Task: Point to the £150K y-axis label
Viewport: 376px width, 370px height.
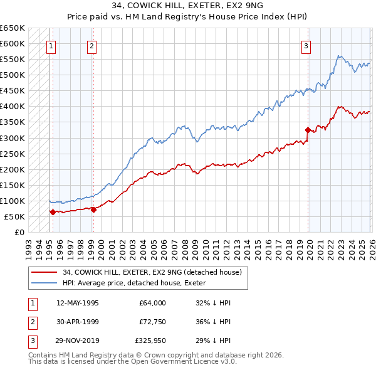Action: point(13,185)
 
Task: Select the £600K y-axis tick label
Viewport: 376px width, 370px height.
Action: point(13,44)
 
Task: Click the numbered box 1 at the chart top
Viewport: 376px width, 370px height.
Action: point(51,45)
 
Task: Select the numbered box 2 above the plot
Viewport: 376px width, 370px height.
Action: point(92,45)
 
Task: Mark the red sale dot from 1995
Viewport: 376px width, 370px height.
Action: point(53,212)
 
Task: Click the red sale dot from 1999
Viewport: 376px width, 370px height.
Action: point(93,209)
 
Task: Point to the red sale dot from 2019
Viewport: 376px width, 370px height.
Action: point(308,130)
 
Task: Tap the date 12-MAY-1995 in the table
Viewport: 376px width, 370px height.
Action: point(77,302)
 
